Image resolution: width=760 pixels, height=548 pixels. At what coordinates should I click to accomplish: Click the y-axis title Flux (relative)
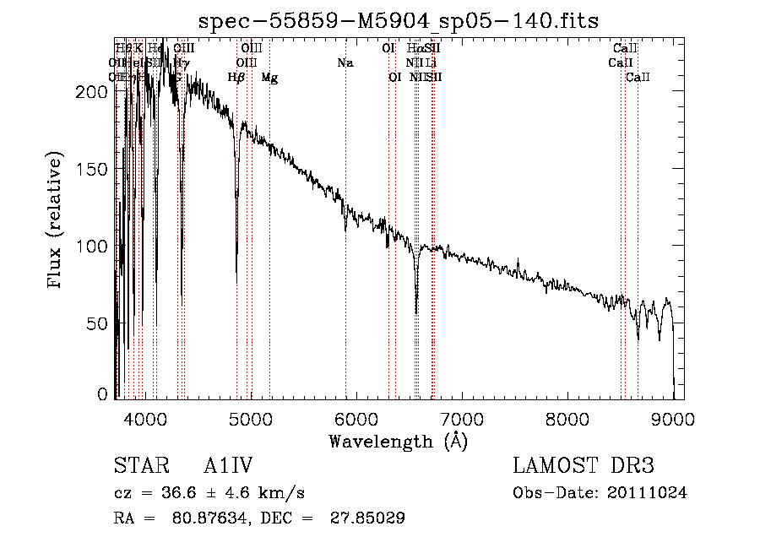[x=56, y=221]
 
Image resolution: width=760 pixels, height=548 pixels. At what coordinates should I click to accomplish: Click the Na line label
[x=345, y=63]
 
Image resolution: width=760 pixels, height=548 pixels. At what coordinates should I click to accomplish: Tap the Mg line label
[x=269, y=78]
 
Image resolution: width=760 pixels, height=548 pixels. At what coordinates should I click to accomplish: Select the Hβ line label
[x=236, y=78]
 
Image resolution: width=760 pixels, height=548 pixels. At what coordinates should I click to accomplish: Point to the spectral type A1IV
[x=228, y=466]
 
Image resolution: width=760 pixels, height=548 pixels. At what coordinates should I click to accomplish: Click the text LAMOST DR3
[x=584, y=466]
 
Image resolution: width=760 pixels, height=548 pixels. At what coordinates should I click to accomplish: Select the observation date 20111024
[x=651, y=493]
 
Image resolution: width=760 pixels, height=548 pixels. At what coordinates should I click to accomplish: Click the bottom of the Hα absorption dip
[x=416, y=312]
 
